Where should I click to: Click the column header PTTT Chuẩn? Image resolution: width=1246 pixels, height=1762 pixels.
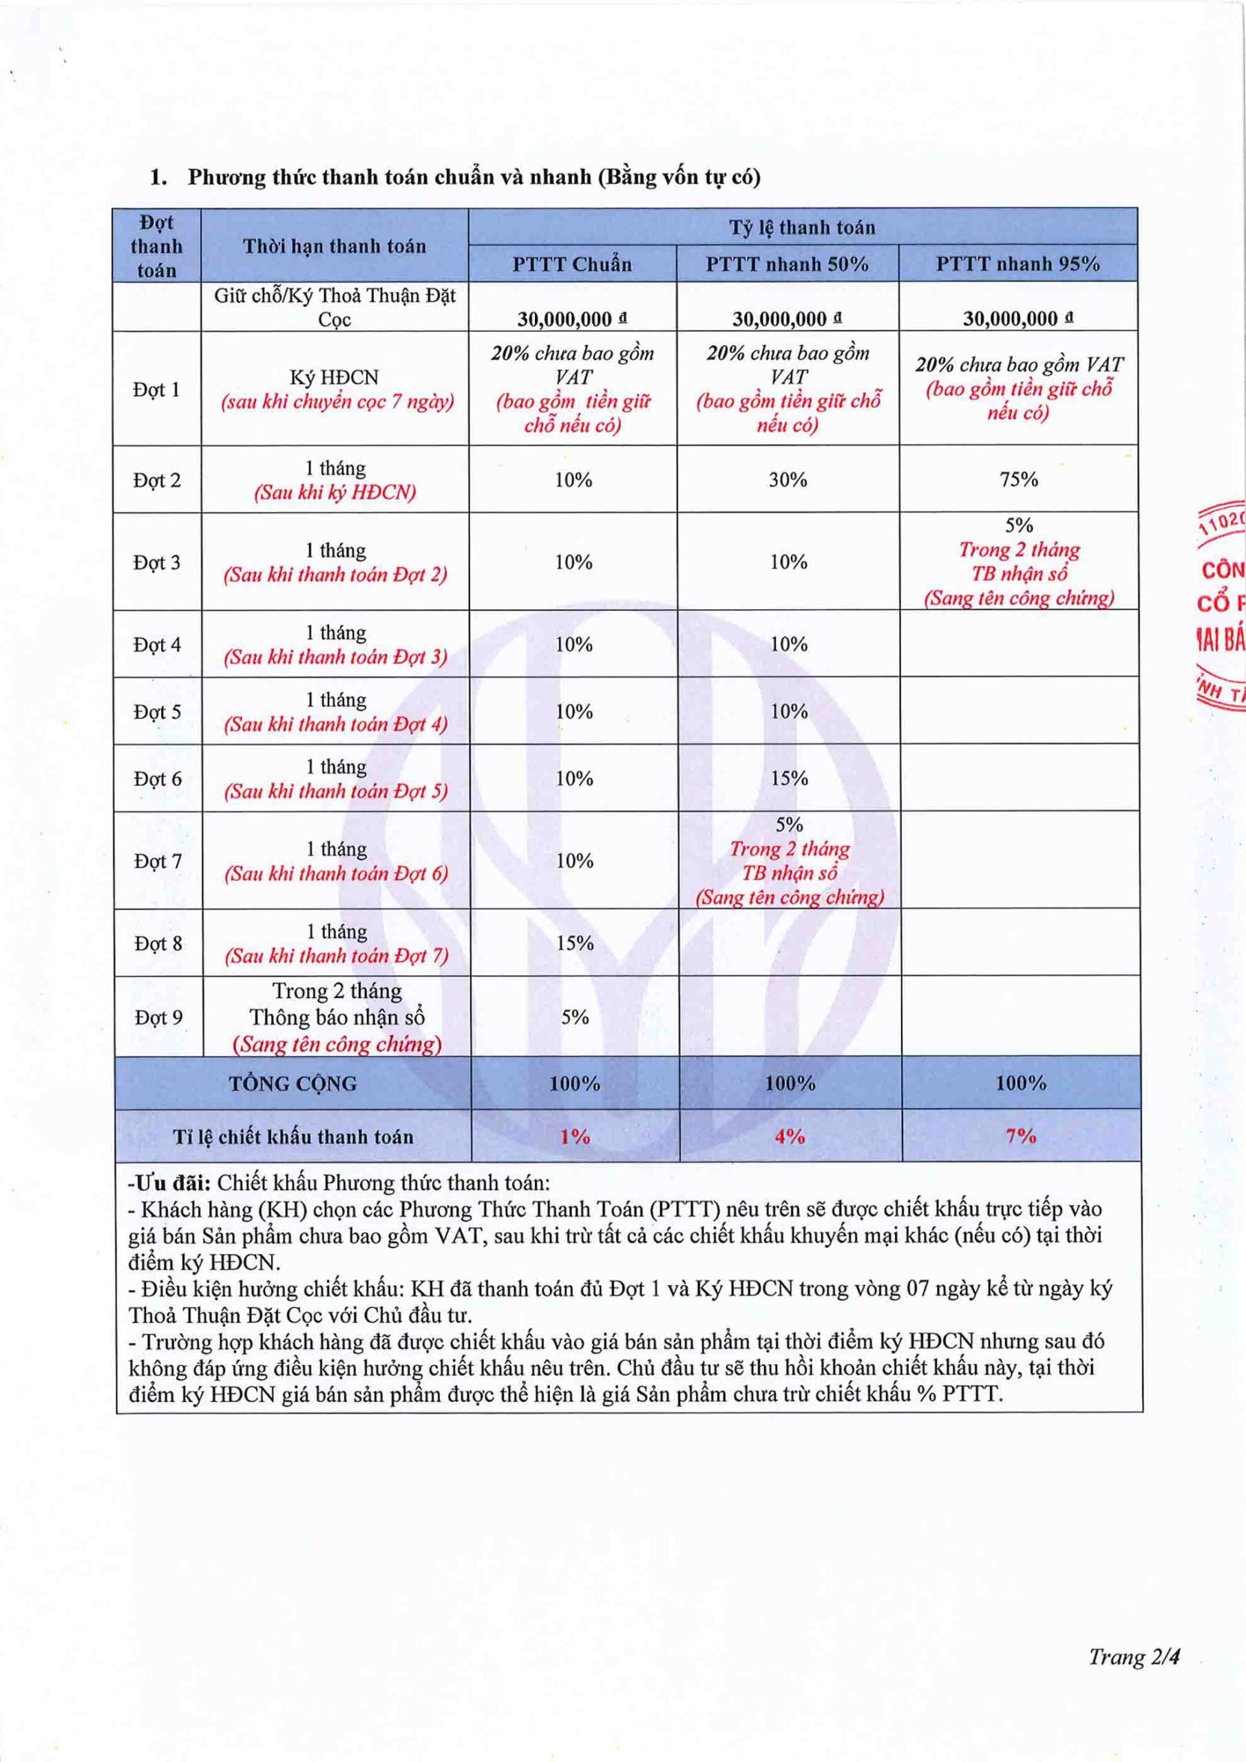572,264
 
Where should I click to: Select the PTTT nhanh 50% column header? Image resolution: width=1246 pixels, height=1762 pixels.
787,264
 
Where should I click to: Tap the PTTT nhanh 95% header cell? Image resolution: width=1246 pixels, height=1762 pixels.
1017,264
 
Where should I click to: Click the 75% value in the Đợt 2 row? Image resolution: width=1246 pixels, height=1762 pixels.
1019,480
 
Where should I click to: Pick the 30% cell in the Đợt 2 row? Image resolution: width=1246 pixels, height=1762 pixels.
788,480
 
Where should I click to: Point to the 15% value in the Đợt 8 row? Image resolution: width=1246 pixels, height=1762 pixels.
574,943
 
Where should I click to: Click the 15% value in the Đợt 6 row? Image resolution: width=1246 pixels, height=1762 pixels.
789,778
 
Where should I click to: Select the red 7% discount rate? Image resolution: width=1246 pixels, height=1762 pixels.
1020,1136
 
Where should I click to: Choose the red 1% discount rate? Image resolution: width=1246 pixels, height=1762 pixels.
574,1136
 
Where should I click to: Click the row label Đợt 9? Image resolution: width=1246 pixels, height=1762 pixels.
158,1017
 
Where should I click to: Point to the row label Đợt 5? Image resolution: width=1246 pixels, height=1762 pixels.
158,712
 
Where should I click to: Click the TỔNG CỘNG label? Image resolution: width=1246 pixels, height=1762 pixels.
293,1083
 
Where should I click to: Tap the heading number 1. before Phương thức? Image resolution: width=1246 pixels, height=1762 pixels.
158,178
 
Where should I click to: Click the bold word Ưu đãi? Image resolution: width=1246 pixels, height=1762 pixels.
169,1182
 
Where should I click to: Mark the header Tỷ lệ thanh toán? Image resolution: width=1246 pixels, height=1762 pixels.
801,227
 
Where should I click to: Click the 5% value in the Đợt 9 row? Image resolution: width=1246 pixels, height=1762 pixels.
574,1017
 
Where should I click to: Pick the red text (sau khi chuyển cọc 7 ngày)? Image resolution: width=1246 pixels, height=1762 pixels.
337,401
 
